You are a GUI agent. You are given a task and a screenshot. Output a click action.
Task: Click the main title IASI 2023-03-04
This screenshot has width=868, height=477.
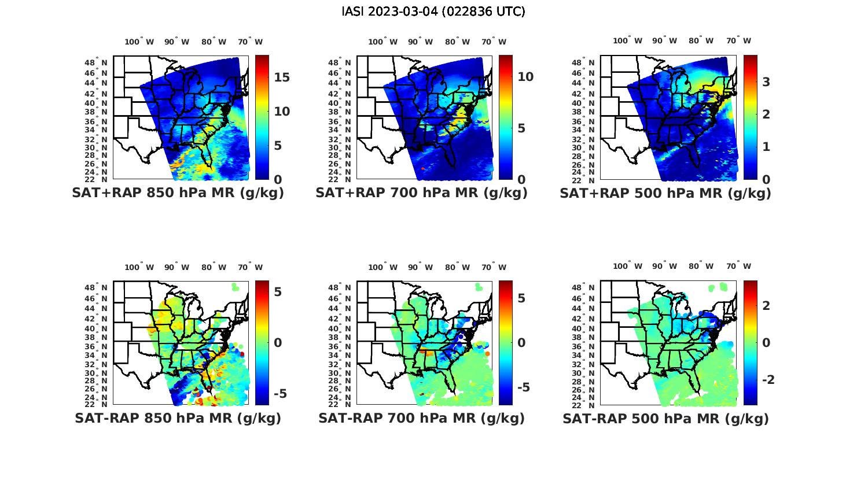click(x=433, y=12)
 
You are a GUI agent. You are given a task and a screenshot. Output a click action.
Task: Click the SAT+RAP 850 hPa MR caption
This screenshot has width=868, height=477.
click(x=178, y=193)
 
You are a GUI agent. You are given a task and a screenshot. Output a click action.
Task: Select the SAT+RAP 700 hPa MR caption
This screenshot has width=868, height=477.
click(x=421, y=193)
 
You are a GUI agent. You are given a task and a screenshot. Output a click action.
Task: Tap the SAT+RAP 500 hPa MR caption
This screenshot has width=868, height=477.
click(x=665, y=193)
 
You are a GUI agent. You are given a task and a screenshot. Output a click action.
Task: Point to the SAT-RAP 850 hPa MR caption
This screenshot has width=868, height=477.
click(x=178, y=418)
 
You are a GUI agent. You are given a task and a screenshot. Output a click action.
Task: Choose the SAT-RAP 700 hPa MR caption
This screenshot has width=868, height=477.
click(x=421, y=418)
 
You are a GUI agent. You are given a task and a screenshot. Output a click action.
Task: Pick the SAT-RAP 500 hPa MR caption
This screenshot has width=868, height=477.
click(x=665, y=418)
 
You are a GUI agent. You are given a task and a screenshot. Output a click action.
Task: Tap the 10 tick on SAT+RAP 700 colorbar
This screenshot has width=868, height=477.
click(x=525, y=77)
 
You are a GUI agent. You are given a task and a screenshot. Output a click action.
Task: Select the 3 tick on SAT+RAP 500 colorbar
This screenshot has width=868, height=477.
click(x=766, y=82)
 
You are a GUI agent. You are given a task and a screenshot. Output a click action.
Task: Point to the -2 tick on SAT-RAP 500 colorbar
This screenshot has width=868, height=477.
click(x=768, y=379)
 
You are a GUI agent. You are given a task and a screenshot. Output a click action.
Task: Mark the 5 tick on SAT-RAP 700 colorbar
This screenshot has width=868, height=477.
click(x=521, y=298)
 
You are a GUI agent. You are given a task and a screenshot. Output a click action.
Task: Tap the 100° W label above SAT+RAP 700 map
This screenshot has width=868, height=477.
click(x=382, y=42)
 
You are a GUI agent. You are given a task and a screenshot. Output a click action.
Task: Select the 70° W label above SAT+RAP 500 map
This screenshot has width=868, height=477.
click(x=738, y=40)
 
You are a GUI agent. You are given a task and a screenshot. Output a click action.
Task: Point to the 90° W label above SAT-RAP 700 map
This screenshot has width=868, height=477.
click(x=421, y=267)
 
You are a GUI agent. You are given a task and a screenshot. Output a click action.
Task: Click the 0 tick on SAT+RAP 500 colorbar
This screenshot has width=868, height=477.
click(x=766, y=179)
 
